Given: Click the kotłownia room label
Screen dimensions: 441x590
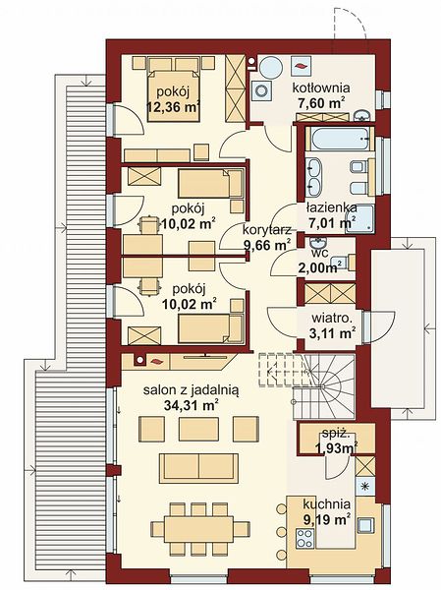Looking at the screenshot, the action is coord(321,88).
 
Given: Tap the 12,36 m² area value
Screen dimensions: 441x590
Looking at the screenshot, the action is coord(173,107).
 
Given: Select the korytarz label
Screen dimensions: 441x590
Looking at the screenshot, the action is coord(266,229).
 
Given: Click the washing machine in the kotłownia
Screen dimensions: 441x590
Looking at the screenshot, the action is coord(261,90).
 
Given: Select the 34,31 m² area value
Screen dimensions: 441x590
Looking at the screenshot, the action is coord(192,405).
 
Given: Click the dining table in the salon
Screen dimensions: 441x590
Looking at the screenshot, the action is coord(199,529).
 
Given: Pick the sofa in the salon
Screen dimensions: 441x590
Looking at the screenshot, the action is coord(198,468).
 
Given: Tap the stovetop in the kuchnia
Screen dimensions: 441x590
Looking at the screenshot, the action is coord(304,539).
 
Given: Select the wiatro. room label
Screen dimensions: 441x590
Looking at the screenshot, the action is coord(332,319).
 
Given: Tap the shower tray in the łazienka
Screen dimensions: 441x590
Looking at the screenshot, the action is coord(359,218).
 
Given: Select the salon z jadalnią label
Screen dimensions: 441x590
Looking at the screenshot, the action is coord(191,391).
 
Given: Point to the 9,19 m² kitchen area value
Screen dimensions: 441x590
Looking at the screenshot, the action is coord(327,520).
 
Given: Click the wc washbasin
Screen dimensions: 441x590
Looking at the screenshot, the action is coord(319,242).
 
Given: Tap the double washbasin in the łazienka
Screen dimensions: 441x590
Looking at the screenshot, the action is coord(313,177).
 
